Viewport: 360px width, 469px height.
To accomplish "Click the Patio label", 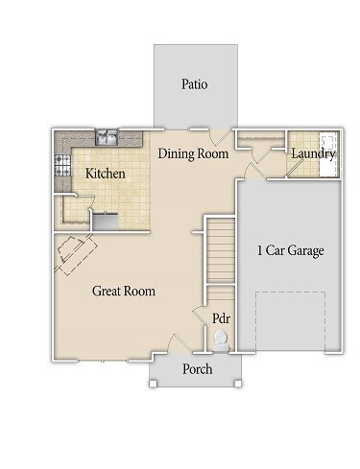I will tap(195, 84).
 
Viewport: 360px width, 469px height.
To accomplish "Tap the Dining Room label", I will tap(193, 153).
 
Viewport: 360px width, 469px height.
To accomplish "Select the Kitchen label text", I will tap(106, 174).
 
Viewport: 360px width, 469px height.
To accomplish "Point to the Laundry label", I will tap(314, 153).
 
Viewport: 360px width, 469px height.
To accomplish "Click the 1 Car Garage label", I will tap(290, 251).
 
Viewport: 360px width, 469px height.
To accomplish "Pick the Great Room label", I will tap(124, 291).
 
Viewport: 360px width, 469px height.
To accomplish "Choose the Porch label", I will tap(198, 368).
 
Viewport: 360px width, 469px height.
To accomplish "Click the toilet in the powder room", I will tap(222, 340).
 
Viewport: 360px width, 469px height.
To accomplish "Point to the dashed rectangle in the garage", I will tap(290, 321).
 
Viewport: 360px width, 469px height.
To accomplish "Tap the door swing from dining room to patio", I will tap(224, 136).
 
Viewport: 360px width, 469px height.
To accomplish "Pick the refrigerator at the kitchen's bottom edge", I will tap(106, 222).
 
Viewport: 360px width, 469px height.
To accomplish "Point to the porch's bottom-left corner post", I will tap(151, 385).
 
